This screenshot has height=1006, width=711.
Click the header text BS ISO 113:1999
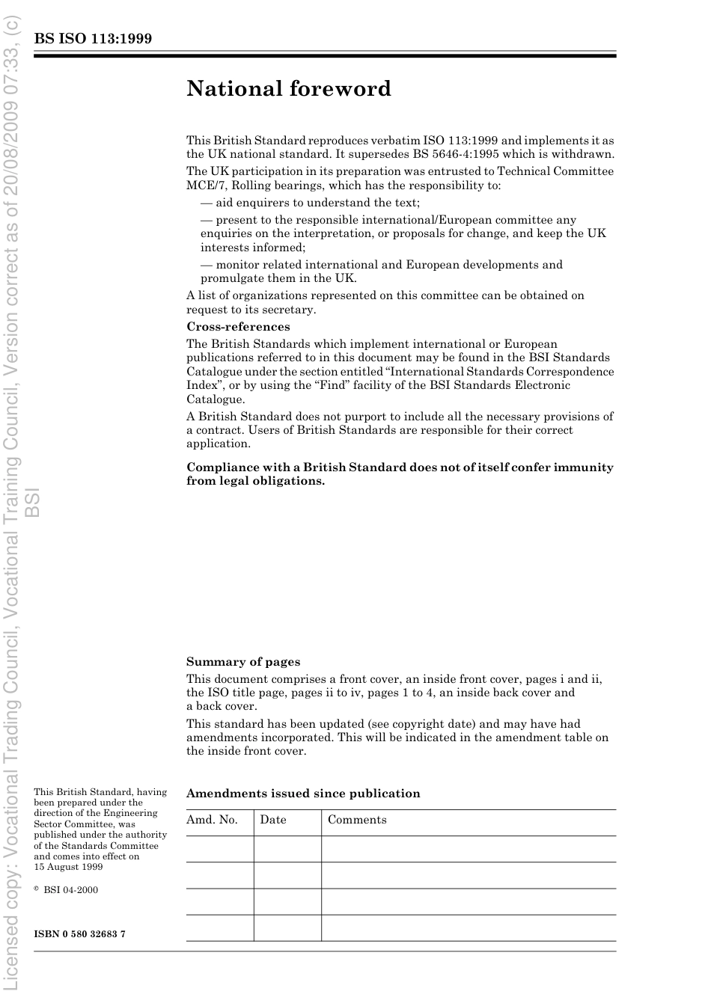tap(93, 38)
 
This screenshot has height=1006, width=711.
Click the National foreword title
tap(289, 89)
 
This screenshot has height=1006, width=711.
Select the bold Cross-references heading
tap(238, 327)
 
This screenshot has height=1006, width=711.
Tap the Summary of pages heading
tap(243, 662)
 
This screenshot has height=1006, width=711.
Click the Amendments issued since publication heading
tap(303, 794)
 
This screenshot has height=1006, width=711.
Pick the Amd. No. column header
tap(212, 820)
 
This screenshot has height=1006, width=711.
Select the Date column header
tap(273, 820)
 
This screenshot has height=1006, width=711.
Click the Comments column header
tap(357, 820)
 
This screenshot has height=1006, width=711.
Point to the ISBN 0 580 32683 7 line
tap(80, 934)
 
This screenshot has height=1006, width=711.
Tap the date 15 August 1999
tap(68, 867)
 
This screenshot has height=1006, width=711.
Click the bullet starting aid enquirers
tap(310, 203)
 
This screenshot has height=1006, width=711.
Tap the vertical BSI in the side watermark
tap(31, 503)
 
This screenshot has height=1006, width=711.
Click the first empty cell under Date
tap(287, 849)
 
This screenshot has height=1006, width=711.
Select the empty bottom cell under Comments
tap(469, 927)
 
